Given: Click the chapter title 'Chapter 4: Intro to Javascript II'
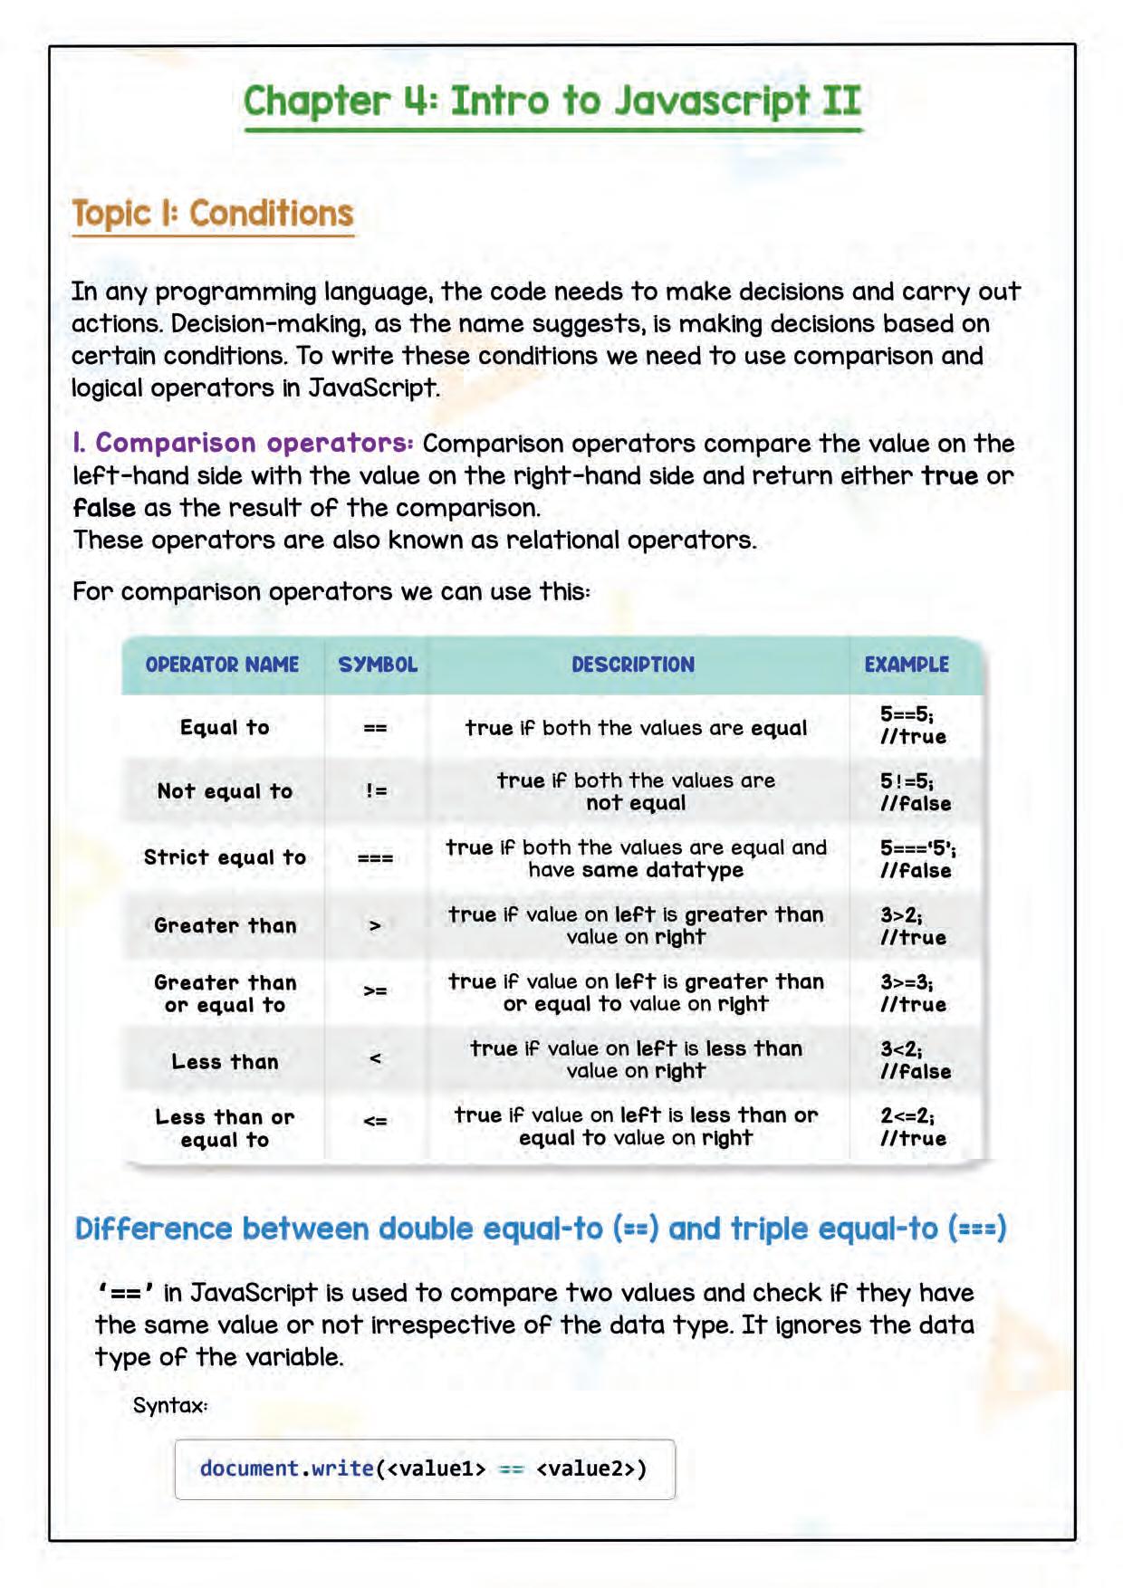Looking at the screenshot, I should pos(552,100).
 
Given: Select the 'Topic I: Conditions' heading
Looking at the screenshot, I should pos(212,214).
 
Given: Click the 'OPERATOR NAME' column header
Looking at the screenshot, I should pos(222,665).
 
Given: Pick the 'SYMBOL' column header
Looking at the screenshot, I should pos(378,665).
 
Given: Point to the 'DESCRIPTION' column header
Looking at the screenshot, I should pos(633,665).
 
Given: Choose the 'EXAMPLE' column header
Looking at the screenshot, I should pos(907,665).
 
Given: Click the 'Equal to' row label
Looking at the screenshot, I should pos(225,728).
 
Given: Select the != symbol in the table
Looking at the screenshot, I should pos(376,791).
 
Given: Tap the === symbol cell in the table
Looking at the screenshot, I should pos(375,858).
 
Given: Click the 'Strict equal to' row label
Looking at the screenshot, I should pos(225,857).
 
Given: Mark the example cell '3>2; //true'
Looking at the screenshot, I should pos(913,926).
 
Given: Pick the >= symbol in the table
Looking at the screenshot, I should pos(375,991).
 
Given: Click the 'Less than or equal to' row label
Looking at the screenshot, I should pos(225,1128).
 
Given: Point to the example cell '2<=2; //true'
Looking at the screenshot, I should pos(913,1127).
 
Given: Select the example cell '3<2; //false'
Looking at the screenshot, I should pos(915,1060).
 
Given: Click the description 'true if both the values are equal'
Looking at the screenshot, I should pos(636,728).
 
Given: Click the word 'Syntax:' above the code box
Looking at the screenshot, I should pos(170,1405).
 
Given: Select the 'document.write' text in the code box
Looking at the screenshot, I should pos(286,1468).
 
